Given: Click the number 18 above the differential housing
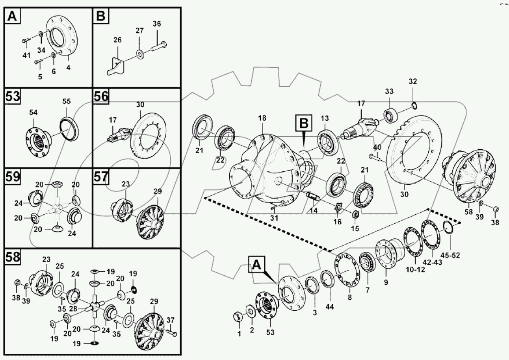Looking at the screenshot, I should coord(262,118).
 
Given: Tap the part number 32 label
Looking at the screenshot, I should coord(412,82).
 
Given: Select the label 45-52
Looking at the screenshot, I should coord(450,254).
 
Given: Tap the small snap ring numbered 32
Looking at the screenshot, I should coord(414,105).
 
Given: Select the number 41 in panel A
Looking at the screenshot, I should coord(26,56).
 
